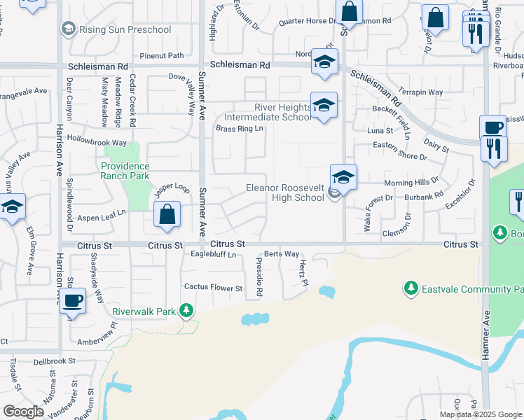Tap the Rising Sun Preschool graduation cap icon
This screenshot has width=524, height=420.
pos(68,29)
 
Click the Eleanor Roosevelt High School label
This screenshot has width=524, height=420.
pos(285,192)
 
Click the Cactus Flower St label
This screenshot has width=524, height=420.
pos(213,288)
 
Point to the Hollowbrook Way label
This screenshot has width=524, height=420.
pos(97,142)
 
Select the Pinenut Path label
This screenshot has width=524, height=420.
pos(161,55)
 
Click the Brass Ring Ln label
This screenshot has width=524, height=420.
pos(240,129)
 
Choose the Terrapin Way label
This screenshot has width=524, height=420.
pos(421,92)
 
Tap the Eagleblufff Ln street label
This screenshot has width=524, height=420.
pos(214,255)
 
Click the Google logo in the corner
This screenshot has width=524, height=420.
pos(23,412)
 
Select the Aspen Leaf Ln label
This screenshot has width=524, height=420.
pos(101,218)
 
